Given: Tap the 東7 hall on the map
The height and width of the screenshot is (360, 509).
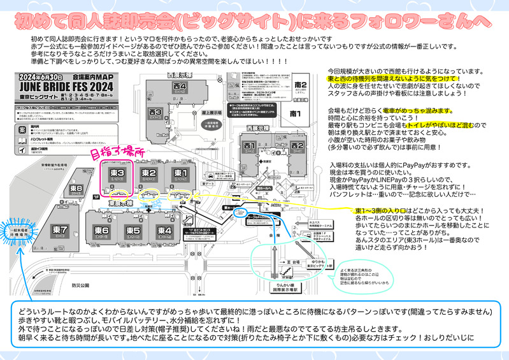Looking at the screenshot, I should pyautogui.click(x=61, y=229).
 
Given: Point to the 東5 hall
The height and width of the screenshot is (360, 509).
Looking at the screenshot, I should pyautogui.click(x=133, y=230).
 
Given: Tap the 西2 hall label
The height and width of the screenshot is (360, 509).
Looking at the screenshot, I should pyautogui.click(x=296, y=146).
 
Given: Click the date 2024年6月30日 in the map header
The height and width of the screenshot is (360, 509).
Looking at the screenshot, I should pyautogui.click(x=38, y=76).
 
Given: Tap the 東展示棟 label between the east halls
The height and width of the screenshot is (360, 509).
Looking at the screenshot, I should pyautogui.click(x=119, y=203).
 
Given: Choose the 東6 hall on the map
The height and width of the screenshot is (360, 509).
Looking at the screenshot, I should pyautogui.click(x=102, y=230).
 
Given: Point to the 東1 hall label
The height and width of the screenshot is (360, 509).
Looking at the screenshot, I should pyautogui.click(x=180, y=173).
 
